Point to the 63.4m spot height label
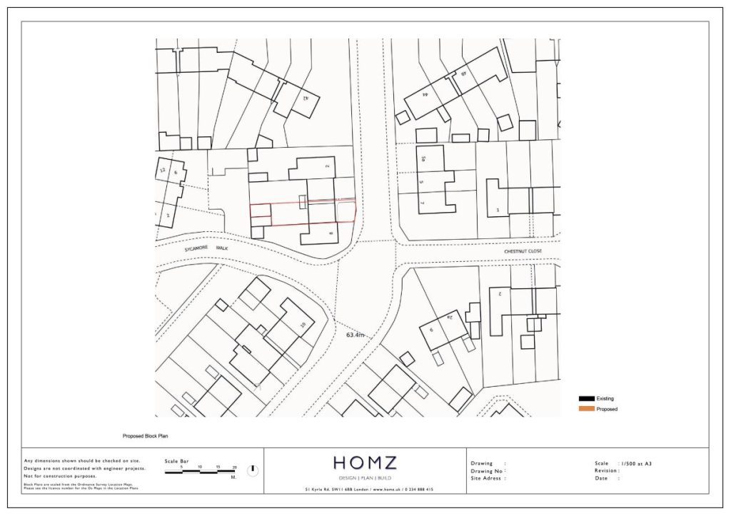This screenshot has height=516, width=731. [x=356, y=335]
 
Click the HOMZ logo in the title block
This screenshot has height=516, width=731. [x=365, y=463]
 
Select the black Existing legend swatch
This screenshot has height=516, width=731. [x=586, y=398]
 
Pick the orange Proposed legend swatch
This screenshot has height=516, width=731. [x=586, y=409]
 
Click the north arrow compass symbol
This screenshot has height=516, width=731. [x=253, y=470]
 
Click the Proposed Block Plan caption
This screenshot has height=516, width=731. [x=145, y=435]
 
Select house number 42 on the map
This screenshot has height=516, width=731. [x=306, y=97]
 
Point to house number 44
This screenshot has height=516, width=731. [x=425, y=93]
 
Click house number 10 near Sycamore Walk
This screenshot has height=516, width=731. [x=303, y=325]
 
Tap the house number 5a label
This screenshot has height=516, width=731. [x=423, y=159]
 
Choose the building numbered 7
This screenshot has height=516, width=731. [x=422, y=203]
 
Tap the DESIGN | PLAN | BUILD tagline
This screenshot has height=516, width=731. [x=365, y=477]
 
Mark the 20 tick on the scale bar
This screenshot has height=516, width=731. [x=234, y=467]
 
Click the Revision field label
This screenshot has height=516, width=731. [x=608, y=470]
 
